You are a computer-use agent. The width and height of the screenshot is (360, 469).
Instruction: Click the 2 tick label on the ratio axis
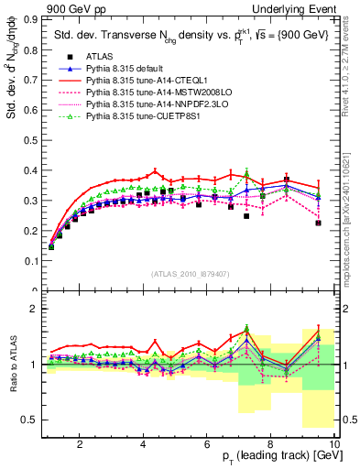point(37,310)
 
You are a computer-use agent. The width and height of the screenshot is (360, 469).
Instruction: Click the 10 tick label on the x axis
point(335,445)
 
